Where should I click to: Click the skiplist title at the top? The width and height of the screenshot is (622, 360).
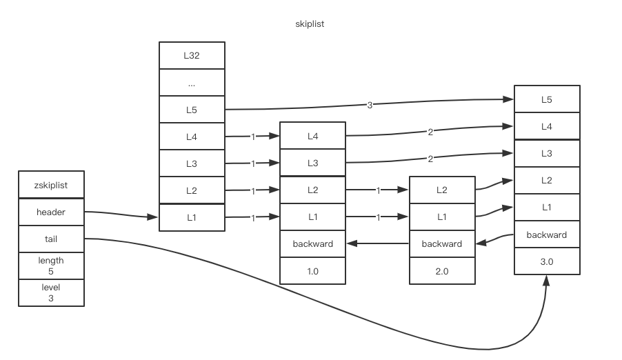tap(310, 24)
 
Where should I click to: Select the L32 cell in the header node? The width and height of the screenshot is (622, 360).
tap(192, 56)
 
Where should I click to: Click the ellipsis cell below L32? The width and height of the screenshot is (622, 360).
tap(192, 83)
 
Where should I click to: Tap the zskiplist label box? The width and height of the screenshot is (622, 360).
tap(51, 186)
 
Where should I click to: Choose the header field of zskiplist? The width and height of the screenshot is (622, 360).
tap(51, 212)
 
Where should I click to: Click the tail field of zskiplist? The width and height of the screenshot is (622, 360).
tap(51, 239)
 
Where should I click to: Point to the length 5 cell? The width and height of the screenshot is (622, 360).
tap(51, 266)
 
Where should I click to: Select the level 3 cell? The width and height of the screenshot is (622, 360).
tap(51, 292)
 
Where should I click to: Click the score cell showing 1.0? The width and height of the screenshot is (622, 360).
tap(312, 271)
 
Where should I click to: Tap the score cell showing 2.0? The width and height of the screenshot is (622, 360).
tap(442, 271)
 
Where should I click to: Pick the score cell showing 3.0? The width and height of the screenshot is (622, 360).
tap(547, 262)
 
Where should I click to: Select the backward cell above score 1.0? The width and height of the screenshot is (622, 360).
tap(312, 243)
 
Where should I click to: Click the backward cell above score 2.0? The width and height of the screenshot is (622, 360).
tap(442, 243)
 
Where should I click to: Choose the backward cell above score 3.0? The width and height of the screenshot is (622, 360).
tap(547, 235)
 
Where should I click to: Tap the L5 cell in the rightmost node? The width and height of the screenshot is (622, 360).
tap(547, 99)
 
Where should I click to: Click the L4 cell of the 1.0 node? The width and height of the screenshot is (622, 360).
tap(312, 137)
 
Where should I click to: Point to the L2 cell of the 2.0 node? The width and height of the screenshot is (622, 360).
tap(442, 190)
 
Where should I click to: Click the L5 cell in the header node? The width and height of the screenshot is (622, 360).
tap(192, 110)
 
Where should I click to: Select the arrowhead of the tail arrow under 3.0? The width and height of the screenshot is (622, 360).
tap(547, 280)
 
